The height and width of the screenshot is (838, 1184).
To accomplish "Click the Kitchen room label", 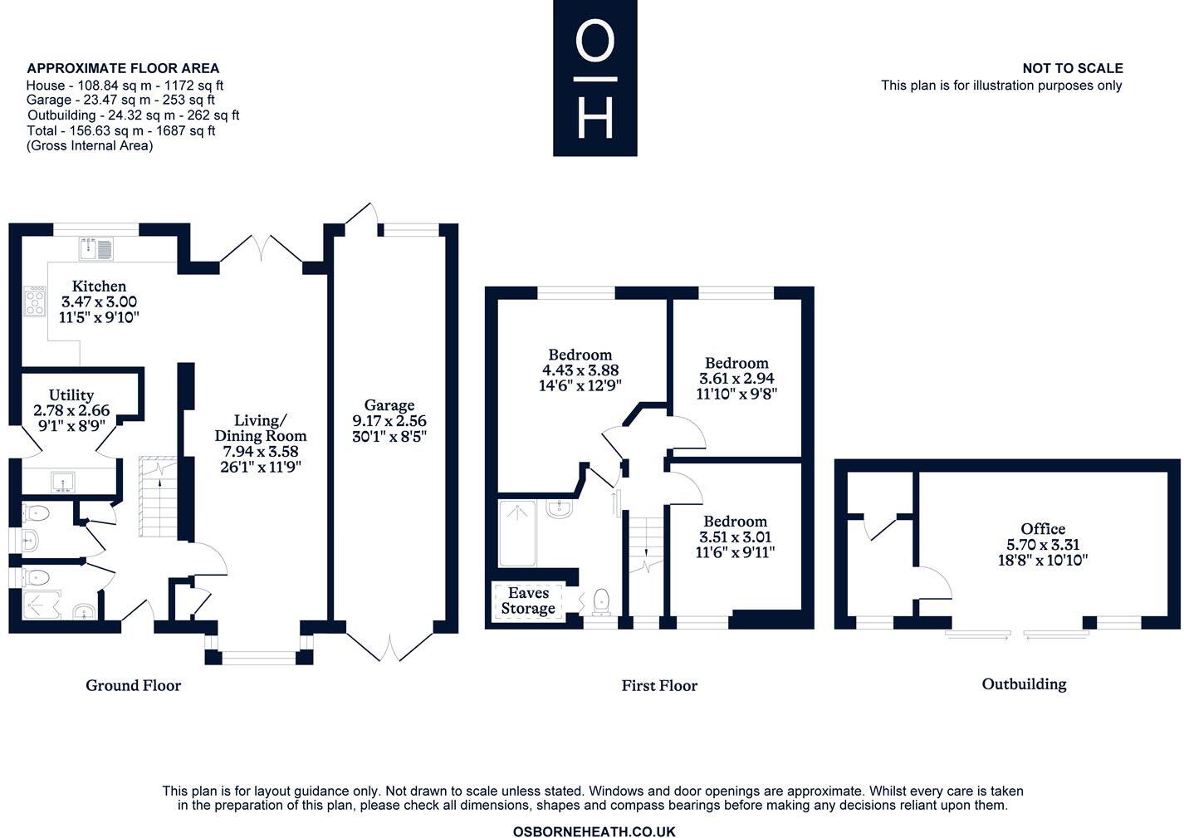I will (99, 287).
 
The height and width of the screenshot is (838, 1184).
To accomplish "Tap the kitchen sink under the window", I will (98, 248).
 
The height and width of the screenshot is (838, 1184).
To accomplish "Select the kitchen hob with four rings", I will (36, 301).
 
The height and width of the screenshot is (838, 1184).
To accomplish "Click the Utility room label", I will (71, 395).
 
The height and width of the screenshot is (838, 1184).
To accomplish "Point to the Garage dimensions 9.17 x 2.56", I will (389, 421).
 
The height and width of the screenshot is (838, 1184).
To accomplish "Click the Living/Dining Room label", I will (260, 428).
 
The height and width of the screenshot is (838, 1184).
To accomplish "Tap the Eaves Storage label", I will (528, 600).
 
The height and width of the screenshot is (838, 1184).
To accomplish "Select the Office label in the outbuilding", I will (1043, 529).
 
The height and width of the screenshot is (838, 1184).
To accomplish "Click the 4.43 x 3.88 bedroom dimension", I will (580, 370).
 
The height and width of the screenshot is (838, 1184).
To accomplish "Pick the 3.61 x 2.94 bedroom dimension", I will (736, 379).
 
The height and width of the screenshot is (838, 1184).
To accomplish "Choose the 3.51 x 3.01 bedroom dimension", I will (735, 537).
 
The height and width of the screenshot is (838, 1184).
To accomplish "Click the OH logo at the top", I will (595, 78).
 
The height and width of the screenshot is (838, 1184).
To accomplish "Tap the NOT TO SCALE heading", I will (1072, 68).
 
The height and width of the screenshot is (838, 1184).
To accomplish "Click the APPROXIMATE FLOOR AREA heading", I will (123, 68).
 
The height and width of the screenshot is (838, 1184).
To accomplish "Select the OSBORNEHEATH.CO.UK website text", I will (594, 831).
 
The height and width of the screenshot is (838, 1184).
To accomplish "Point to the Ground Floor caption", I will (133, 685).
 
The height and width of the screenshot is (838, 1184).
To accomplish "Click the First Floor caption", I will (659, 686).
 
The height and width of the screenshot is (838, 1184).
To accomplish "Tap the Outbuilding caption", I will (1024, 684).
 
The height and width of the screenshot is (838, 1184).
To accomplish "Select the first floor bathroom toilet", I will (601, 601).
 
